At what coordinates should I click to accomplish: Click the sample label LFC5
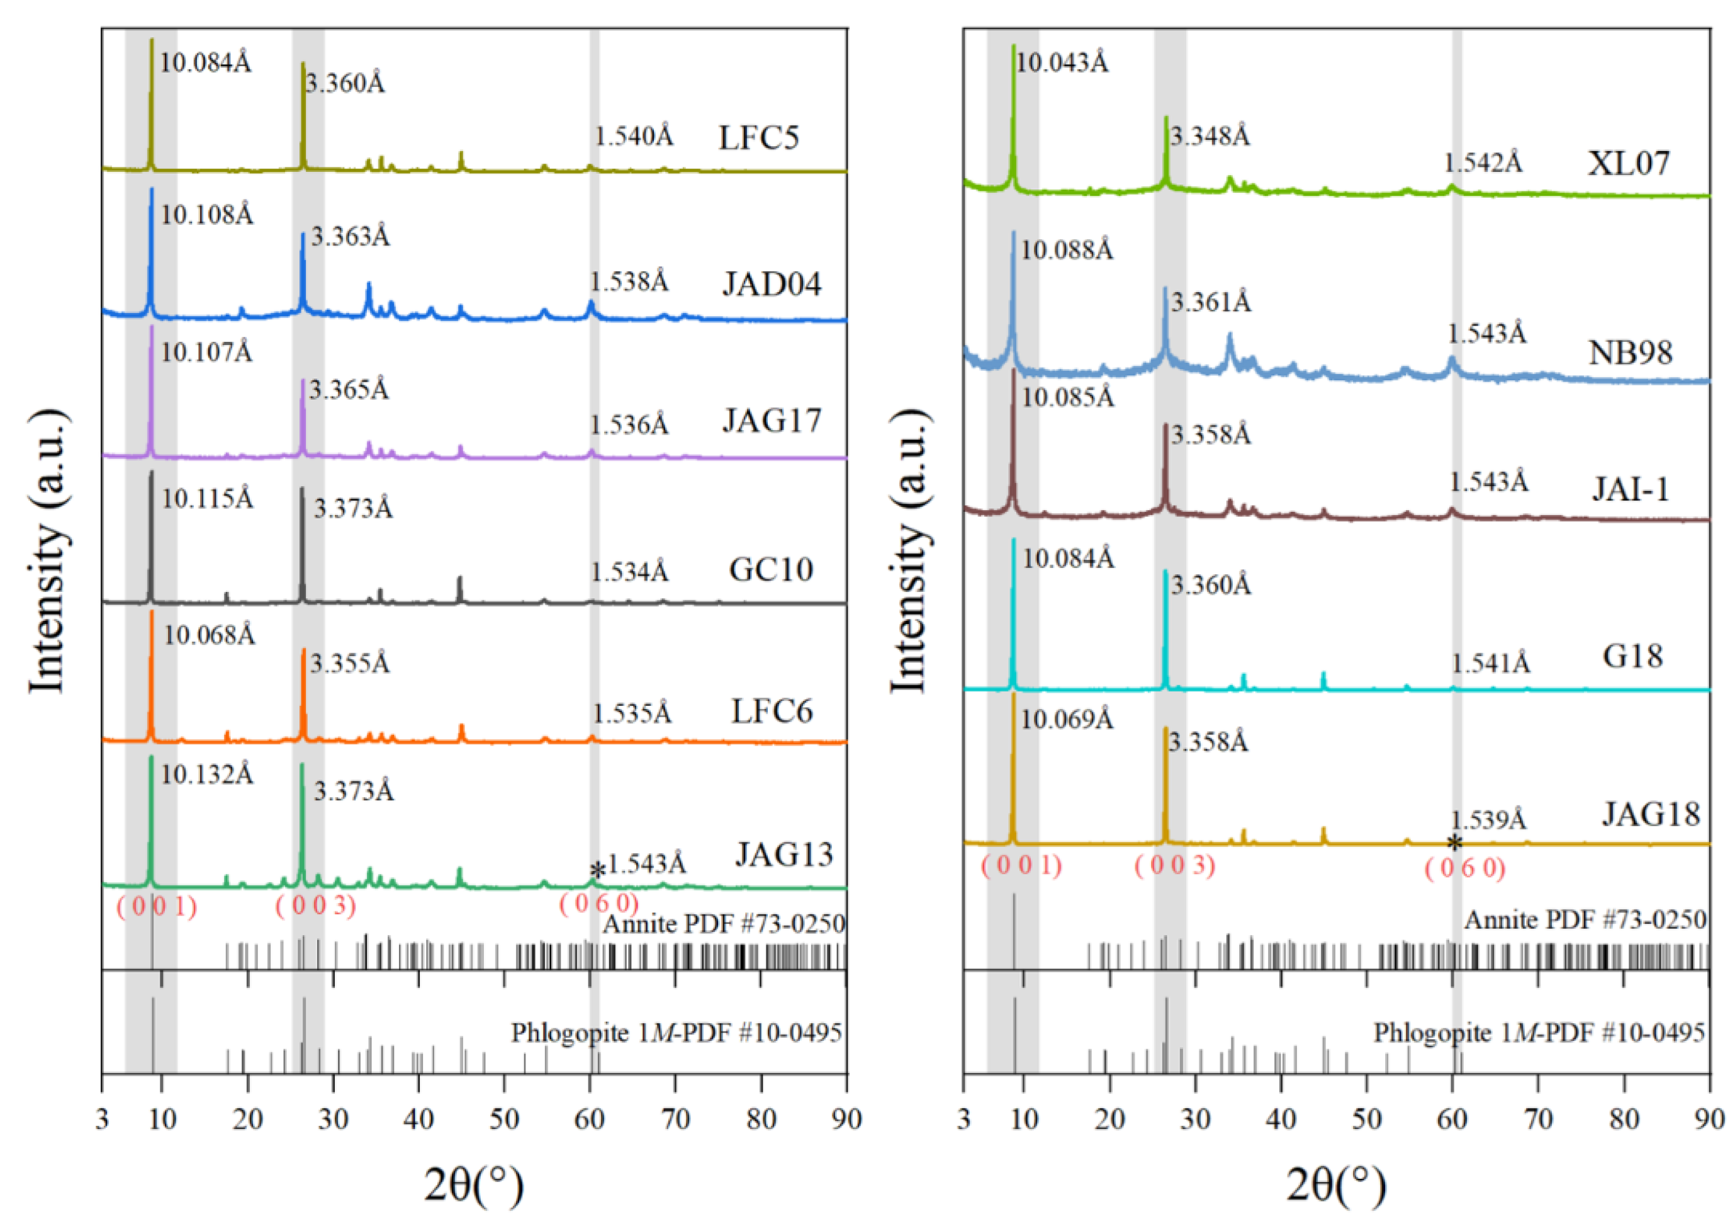tap(758, 138)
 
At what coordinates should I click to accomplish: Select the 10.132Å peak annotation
tap(207, 774)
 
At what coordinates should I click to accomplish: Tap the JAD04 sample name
tap(771, 284)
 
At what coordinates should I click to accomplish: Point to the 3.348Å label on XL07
tap(1210, 136)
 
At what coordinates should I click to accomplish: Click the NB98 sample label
tap(1630, 353)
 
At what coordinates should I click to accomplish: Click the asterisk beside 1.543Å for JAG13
tap(597, 871)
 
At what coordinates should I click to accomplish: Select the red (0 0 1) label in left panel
tap(157, 906)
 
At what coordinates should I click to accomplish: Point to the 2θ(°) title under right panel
tap(1336, 1184)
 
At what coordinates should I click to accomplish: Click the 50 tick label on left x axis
tap(503, 1119)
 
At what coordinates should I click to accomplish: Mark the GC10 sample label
tap(770, 569)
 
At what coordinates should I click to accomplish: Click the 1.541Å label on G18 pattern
tap(1490, 663)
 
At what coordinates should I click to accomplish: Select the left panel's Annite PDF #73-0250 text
tap(723, 923)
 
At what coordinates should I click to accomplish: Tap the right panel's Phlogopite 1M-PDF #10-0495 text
tap(1539, 1032)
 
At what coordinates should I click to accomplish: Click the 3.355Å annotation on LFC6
tap(350, 663)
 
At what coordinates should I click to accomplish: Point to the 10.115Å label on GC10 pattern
tap(207, 499)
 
